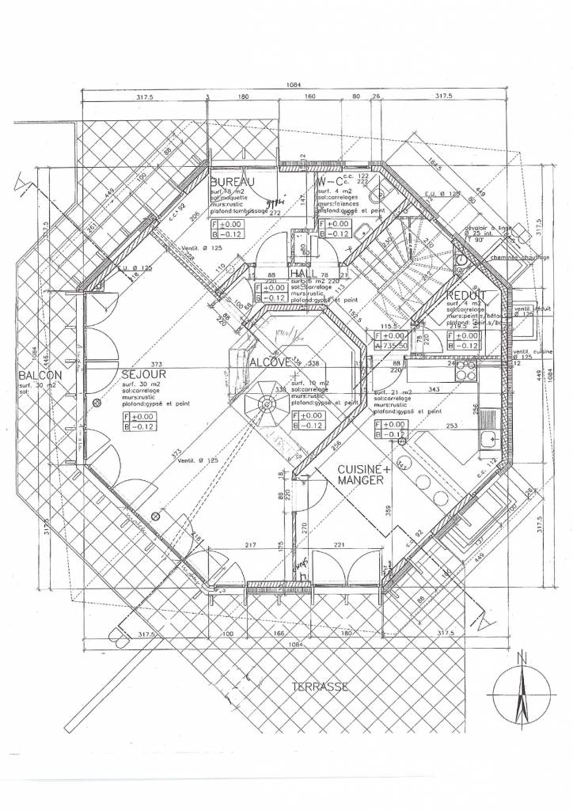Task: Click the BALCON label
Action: pyautogui.click(x=37, y=377)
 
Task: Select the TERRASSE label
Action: pyautogui.click(x=320, y=687)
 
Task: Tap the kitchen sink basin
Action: pyautogui.click(x=485, y=433)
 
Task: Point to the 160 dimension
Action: pyautogui.click(x=309, y=96)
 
